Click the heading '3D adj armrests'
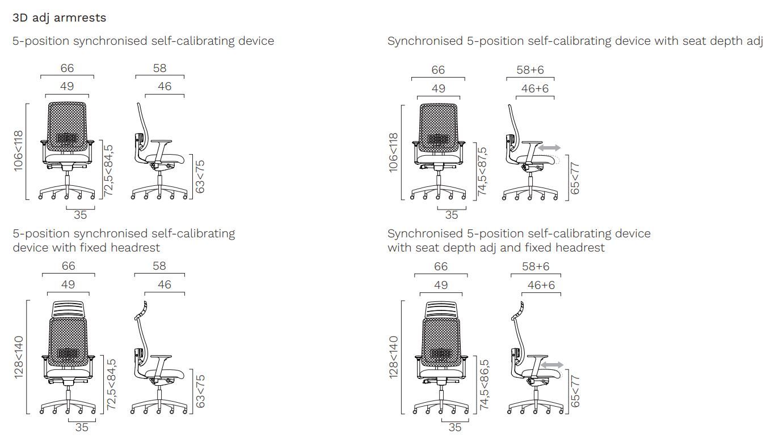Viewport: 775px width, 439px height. click(59, 18)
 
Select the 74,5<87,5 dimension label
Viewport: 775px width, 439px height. click(482, 172)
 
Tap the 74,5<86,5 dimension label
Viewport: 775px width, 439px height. click(484, 385)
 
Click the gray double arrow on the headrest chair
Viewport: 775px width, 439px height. click(552, 365)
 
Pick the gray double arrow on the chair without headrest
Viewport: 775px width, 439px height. click(549, 148)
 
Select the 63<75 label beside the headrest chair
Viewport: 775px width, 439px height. click(200, 390)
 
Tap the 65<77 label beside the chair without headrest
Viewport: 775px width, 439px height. click(575, 178)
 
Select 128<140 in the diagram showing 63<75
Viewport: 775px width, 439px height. click(19, 357)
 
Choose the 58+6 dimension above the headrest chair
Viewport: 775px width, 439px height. click(536, 266)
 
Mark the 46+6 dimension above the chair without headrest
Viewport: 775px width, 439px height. click(536, 88)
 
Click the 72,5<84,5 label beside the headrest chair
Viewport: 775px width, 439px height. click(112, 385)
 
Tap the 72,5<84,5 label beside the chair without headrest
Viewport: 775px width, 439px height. click(109, 171)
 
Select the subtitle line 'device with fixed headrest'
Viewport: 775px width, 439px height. click(86, 248)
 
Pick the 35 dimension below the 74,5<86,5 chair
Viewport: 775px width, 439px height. click(455, 428)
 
